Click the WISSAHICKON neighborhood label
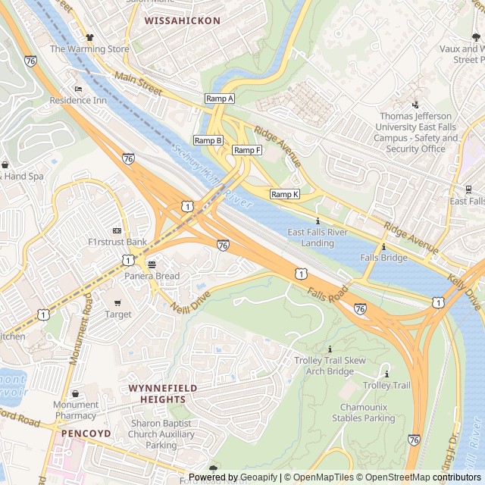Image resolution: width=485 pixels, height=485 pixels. point(183,20)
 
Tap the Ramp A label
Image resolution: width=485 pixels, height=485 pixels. point(220,99)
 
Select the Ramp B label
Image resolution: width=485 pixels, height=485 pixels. point(208,140)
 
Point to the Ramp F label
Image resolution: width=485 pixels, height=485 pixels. point(247,150)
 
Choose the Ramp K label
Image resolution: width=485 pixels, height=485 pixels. point(285,194)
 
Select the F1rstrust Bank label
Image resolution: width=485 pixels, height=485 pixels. point(117,242)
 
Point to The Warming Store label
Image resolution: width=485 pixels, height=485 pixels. point(89,49)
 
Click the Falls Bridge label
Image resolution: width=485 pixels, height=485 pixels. point(383,258)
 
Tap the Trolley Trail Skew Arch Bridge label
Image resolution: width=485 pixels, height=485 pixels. point(330,366)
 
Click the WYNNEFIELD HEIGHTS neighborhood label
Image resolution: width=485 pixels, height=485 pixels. point(162,393)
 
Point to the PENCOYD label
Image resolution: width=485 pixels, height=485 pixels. point(86,433)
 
